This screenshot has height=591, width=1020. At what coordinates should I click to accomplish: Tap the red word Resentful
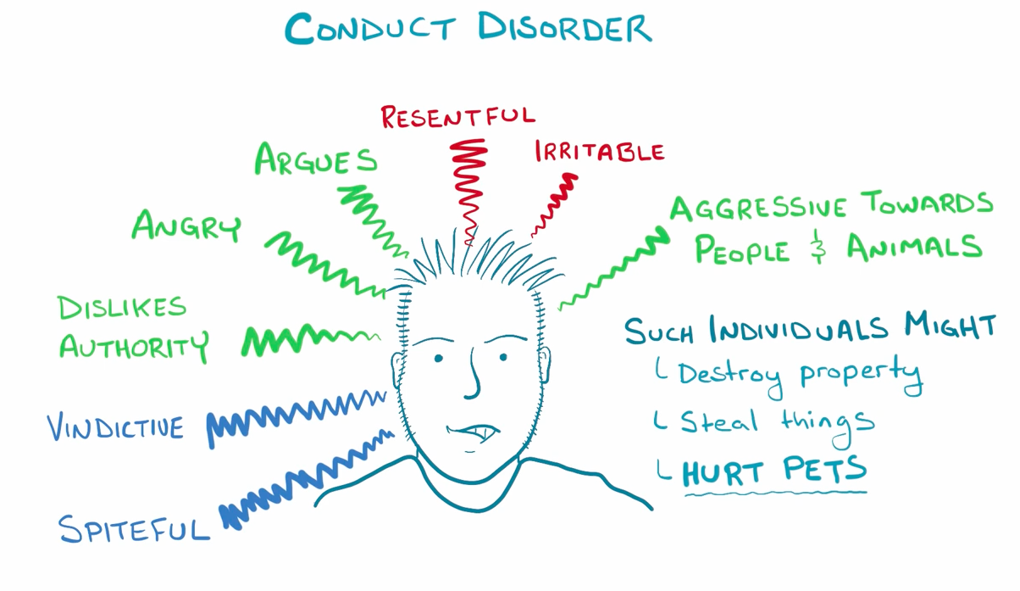457,116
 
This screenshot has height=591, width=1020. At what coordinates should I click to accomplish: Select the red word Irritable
599,152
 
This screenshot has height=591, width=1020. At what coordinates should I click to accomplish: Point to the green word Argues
316,159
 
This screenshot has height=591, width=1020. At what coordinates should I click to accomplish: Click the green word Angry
186,226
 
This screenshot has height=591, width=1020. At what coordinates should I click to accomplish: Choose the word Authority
133,346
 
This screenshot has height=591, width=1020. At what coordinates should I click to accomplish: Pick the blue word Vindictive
115,426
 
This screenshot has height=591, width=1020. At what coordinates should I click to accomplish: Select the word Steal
718,420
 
